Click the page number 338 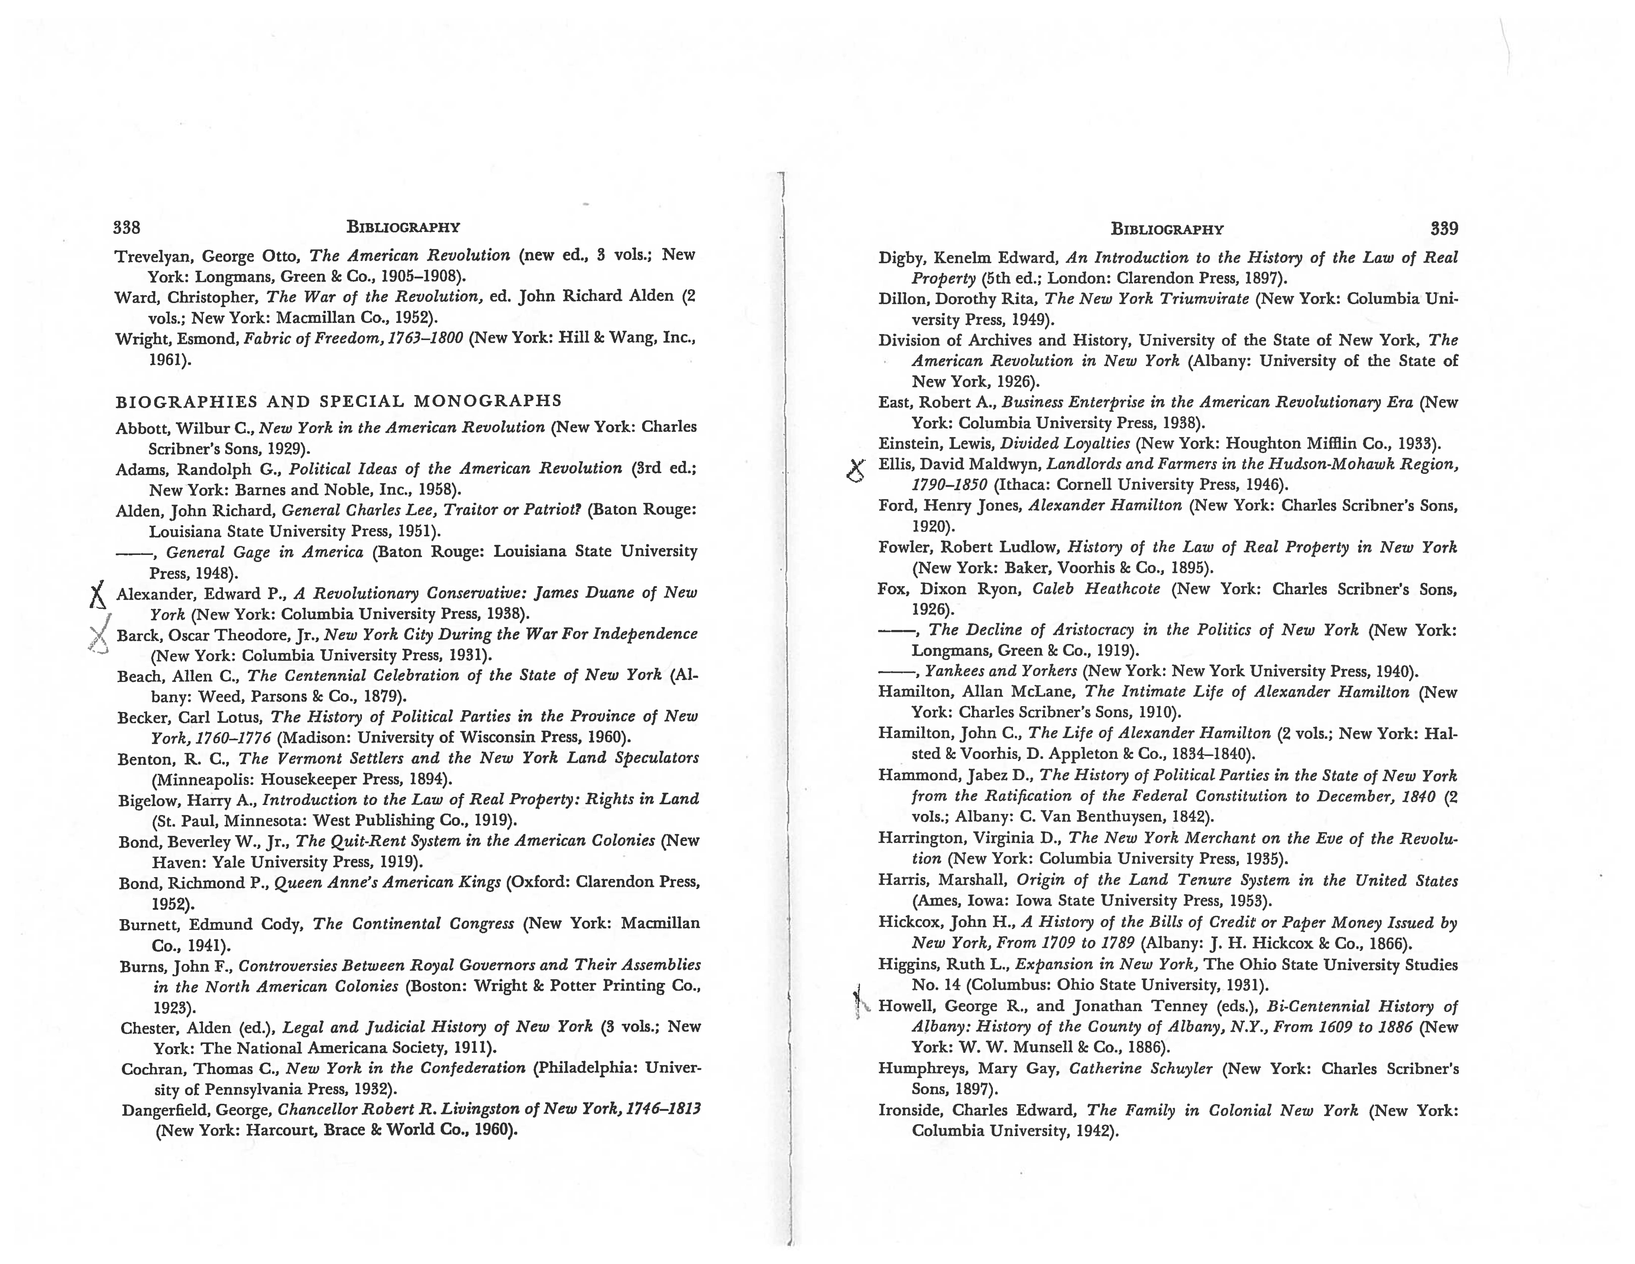(x=127, y=227)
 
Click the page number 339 (x=1443, y=229)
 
